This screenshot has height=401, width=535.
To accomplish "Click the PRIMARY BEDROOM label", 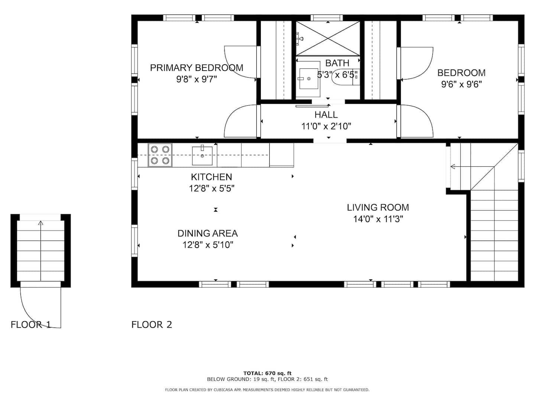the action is click(x=197, y=68).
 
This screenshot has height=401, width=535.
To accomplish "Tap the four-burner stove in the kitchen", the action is click(x=160, y=155).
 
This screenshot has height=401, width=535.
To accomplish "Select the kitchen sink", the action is click(x=202, y=156).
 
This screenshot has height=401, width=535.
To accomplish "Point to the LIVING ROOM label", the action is click(x=378, y=208).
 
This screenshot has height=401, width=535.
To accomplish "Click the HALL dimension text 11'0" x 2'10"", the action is click(x=326, y=126).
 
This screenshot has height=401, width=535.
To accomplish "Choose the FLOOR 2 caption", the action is click(x=152, y=325).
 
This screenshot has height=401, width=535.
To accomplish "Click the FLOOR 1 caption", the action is click(x=31, y=325).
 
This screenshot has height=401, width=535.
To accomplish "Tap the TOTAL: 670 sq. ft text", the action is click(x=267, y=373).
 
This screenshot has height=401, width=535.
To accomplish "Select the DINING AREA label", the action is click(x=207, y=233).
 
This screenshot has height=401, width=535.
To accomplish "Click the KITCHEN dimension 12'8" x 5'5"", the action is click(x=211, y=189).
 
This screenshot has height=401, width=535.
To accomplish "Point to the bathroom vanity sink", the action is click(x=309, y=79).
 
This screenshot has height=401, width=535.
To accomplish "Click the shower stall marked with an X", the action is click(x=328, y=39).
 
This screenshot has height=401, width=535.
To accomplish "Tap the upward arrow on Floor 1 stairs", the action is click(x=41, y=251).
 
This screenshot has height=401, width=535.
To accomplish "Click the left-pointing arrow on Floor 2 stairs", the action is click(x=472, y=167).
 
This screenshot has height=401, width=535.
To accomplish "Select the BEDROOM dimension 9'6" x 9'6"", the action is click(x=461, y=85).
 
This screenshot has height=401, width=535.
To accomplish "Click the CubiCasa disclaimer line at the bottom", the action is click(x=267, y=390).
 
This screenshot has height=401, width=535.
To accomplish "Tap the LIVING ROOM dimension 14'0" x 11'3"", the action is click(x=378, y=219).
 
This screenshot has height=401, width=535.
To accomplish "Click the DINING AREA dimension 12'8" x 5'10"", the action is click(x=208, y=245).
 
